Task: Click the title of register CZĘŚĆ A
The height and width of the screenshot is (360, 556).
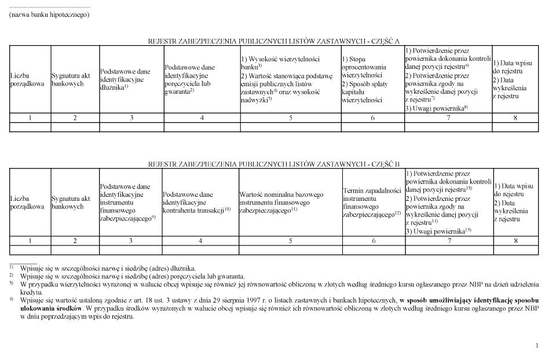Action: (274, 41)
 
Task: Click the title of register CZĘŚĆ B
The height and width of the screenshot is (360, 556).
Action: (274, 164)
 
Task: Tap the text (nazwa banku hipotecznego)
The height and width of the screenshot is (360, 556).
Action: (49, 14)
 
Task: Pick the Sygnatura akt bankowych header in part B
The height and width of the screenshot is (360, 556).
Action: (71, 202)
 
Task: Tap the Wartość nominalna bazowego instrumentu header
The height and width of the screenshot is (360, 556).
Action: (281, 202)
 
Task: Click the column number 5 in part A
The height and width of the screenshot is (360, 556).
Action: (290, 118)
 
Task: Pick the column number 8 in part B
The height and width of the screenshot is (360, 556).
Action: (515, 241)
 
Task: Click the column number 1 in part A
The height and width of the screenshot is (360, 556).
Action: (30, 118)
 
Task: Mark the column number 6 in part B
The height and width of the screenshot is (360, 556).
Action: (374, 241)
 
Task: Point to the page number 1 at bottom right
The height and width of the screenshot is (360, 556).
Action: (537, 346)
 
